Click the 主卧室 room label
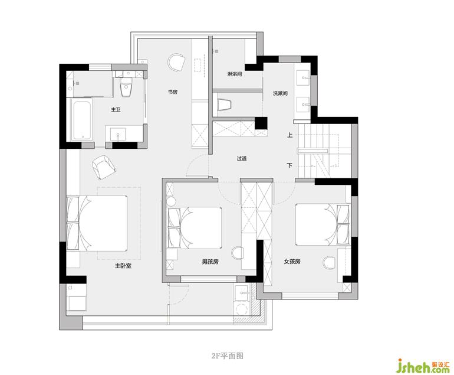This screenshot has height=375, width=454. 123,266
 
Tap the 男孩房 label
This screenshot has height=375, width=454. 210,262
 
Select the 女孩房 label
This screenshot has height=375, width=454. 292,262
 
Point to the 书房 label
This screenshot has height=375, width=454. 173,92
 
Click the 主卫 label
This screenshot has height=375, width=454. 116,110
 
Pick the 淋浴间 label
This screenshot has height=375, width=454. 235,74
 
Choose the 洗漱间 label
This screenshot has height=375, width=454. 280,93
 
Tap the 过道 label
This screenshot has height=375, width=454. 242,159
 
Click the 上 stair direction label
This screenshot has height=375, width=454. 289,135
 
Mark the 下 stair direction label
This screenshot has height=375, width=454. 289,165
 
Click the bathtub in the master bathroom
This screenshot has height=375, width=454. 83,120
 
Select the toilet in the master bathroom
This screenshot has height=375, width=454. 126,87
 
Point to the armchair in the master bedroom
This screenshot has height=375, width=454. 103,167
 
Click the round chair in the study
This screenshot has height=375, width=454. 176,62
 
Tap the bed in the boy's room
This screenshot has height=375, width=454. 195,228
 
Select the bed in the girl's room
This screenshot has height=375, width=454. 323,224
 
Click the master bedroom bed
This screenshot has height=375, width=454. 97,223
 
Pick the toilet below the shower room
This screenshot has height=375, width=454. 225,105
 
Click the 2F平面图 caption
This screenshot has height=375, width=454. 228,356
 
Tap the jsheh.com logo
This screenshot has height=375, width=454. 423,366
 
